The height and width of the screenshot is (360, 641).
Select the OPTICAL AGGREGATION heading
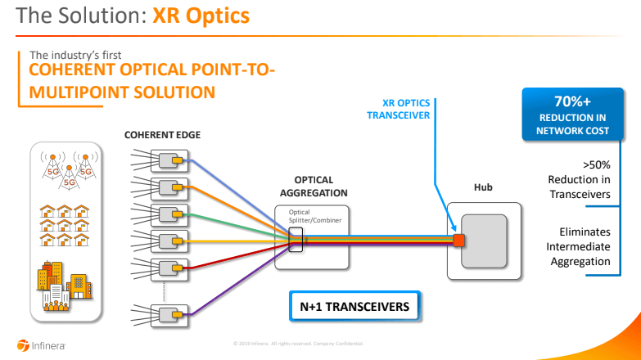[x=314, y=187]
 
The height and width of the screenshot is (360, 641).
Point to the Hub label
[x=483, y=187]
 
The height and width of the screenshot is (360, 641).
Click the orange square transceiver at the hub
[x=459, y=240]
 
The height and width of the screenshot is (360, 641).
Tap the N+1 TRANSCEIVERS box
[x=354, y=307]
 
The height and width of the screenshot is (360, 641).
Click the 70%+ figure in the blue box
[x=570, y=101]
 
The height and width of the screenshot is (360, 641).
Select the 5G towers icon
[x=69, y=169]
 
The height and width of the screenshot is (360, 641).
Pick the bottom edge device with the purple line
[x=170, y=315]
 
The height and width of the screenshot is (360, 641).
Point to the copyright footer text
[x=319, y=342]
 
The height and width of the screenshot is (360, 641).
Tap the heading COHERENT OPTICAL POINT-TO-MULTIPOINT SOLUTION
[x=151, y=81]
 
